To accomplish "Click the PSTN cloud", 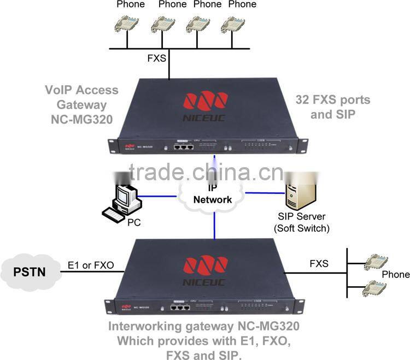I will [x=30, y=270].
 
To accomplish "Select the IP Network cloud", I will [x=213, y=196].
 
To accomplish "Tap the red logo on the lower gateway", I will [x=205, y=264].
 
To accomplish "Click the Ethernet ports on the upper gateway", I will [x=183, y=146].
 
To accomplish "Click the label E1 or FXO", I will [x=90, y=265].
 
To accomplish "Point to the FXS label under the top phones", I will [x=157, y=57].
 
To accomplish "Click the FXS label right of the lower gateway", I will [x=319, y=264].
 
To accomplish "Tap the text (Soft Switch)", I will [x=302, y=228].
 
